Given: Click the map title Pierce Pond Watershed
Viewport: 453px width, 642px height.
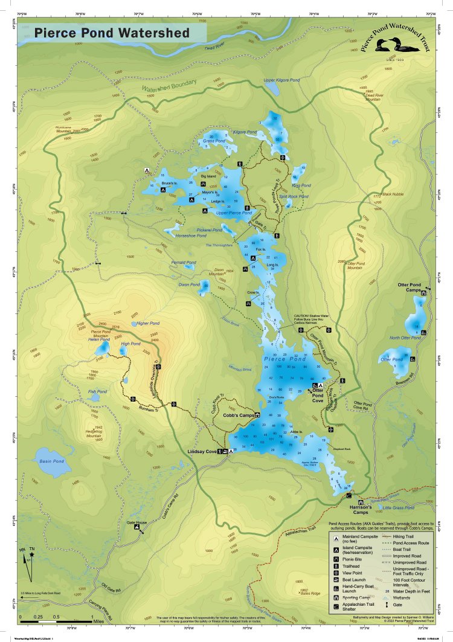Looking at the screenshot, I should coord(112,33).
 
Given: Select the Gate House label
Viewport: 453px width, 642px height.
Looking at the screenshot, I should coord(137,522).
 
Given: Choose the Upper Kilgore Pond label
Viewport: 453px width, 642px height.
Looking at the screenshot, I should coord(281,80).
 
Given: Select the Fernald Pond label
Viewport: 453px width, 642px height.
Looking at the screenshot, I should coord(183,263).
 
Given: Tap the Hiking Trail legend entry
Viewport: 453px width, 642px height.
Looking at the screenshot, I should coord(407,535).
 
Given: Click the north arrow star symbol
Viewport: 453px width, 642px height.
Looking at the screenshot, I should coord(31,554).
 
